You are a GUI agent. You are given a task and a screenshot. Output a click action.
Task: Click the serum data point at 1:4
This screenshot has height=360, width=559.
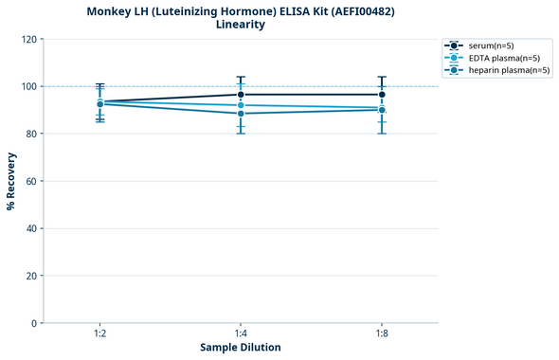pyautogui.click(x=241, y=95)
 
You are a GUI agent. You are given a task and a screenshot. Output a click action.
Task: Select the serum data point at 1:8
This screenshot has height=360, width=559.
pyautogui.click(x=382, y=95)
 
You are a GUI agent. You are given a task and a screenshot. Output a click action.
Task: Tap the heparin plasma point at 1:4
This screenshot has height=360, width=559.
pyautogui.click(x=241, y=114)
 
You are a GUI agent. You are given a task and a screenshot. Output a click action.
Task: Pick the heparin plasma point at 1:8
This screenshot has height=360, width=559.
pyautogui.click(x=382, y=110)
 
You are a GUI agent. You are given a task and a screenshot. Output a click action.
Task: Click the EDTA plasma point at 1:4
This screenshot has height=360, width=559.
pyautogui.click(x=241, y=105)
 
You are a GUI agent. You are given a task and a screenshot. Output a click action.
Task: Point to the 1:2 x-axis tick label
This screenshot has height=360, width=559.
pyautogui.click(x=99, y=333)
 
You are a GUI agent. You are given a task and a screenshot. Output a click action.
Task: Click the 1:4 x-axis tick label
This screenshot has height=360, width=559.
pyautogui.click(x=241, y=333)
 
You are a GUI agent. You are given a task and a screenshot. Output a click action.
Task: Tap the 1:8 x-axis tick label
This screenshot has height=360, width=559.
pyautogui.click(x=382, y=333)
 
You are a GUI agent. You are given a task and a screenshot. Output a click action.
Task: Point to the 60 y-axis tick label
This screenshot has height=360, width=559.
pyautogui.click(x=32, y=181)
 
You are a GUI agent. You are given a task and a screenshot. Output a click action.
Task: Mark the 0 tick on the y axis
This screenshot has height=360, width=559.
pyautogui.click(x=35, y=323)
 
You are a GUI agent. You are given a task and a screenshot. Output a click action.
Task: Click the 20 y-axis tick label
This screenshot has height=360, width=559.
pyautogui.click(x=32, y=276)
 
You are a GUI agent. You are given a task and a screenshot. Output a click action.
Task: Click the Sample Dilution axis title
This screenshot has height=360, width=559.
pyautogui.click(x=241, y=348)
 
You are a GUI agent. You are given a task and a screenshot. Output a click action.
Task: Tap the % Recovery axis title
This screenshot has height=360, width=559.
pyautogui.click(x=11, y=181)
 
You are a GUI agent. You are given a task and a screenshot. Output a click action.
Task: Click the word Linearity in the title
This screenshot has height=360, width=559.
pyautogui.click(x=241, y=25)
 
